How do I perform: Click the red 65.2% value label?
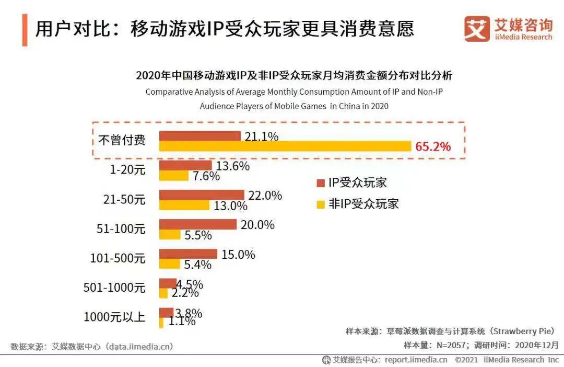coord(433,146)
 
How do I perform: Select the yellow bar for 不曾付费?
coord(285,146)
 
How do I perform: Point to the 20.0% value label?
coord(257,225)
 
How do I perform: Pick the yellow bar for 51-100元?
coord(170,235)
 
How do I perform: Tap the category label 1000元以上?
coord(114,316)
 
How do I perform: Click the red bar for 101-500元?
coord(188,254)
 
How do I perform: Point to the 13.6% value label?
coord(233,166)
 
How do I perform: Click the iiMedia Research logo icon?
coord(477,29)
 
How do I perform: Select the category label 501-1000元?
coord(114,287)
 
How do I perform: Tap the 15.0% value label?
coord(238,255)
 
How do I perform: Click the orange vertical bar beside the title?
coord(25,30)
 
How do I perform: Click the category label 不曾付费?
coord(121,140)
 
